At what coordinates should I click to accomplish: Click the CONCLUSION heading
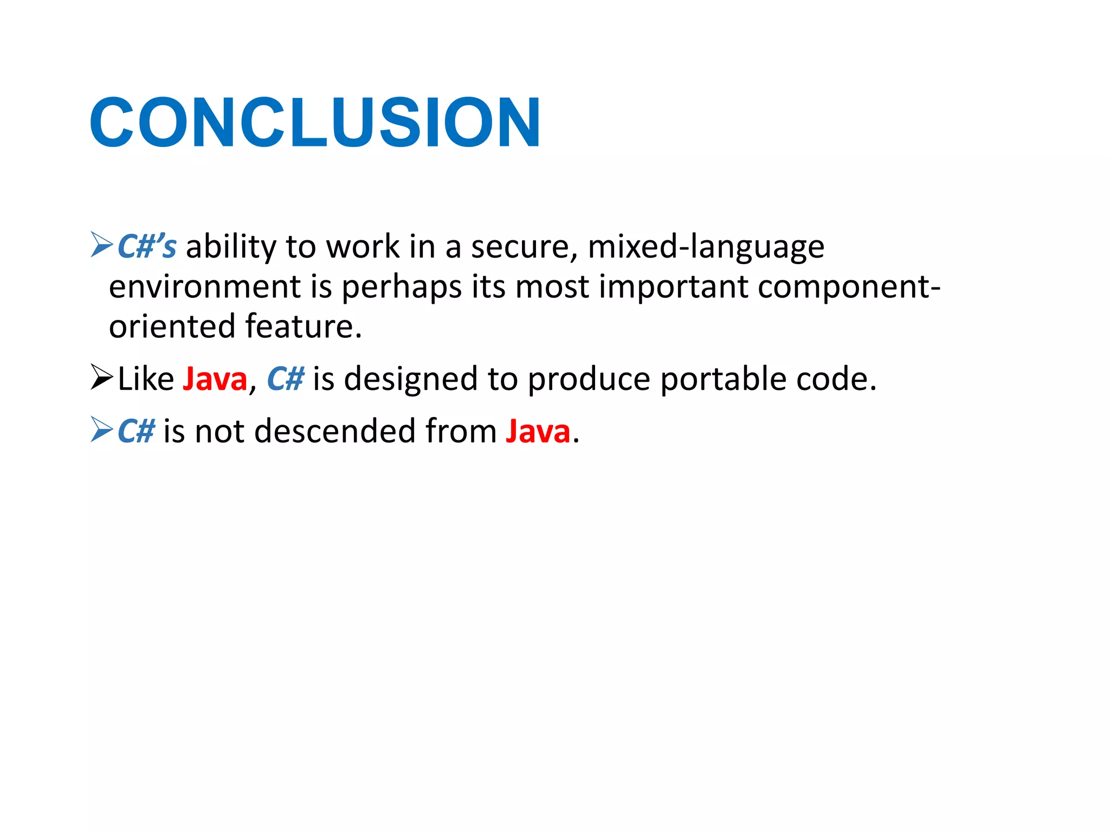[x=314, y=122]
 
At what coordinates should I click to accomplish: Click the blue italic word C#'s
[x=147, y=247]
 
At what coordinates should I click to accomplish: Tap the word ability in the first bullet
[x=231, y=247]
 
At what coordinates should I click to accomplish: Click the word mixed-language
[x=706, y=247]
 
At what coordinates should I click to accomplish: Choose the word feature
[x=302, y=326]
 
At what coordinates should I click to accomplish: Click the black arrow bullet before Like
[x=101, y=377]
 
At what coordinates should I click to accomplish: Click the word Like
[x=146, y=379]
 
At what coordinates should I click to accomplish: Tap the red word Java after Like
[x=215, y=379]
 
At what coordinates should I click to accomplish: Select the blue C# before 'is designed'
[x=286, y=379]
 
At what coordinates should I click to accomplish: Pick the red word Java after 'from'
[x=538, y=431]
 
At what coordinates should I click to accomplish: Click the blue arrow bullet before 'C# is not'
[x=101, y=430]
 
